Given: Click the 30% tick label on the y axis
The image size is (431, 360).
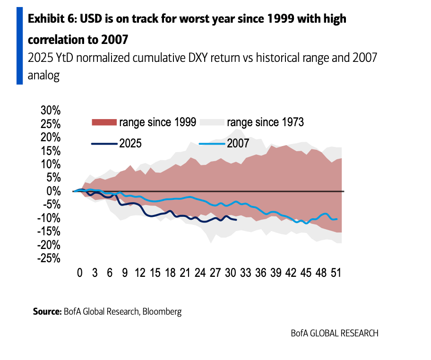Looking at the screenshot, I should coord(51,111).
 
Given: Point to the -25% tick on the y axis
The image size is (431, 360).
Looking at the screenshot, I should coord(49,258).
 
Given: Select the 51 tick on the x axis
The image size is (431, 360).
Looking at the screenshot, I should coord(336,273).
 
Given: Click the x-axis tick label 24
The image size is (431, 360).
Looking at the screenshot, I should coord(199,273).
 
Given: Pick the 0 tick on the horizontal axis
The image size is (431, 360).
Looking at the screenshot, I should coord(79,273).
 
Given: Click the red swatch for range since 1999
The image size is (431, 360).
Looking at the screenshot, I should coord(103,123).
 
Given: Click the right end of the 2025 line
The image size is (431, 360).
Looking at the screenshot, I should coord(236,219).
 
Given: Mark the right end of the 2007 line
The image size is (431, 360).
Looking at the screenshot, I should coord(336,219).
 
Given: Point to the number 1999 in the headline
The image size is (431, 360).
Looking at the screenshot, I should coord(279,19).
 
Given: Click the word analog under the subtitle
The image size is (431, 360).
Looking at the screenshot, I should coord(43,76).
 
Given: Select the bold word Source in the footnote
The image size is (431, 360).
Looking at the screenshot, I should coord(47,311).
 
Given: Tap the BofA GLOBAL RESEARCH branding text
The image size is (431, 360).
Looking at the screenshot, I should coord(334,333).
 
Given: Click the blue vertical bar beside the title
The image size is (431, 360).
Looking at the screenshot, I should coord(19,46).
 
